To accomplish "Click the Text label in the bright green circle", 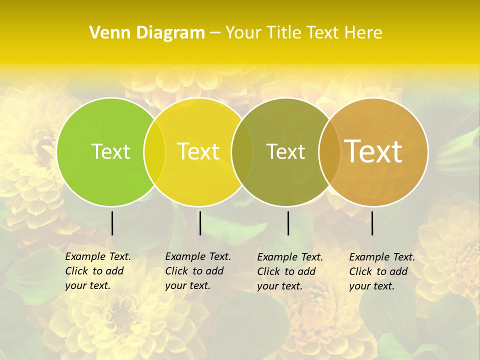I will (x=111, y=151).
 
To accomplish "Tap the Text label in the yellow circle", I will (x=198, y=151).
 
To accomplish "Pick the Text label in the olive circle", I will (x=285, y=151).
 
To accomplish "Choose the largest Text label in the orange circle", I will (x=373, y=151).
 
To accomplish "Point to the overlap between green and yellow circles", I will (x=154, y=151).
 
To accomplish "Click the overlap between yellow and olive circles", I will (x=241, y=151).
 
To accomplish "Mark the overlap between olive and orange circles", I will (x=328, y=151).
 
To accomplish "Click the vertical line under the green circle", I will (x=112, y=223).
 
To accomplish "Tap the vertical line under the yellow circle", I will (x=200, y=223).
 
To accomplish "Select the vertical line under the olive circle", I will (x=288, y=223).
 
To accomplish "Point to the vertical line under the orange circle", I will (x=372, y=223).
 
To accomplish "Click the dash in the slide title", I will (x=215, y=33).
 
